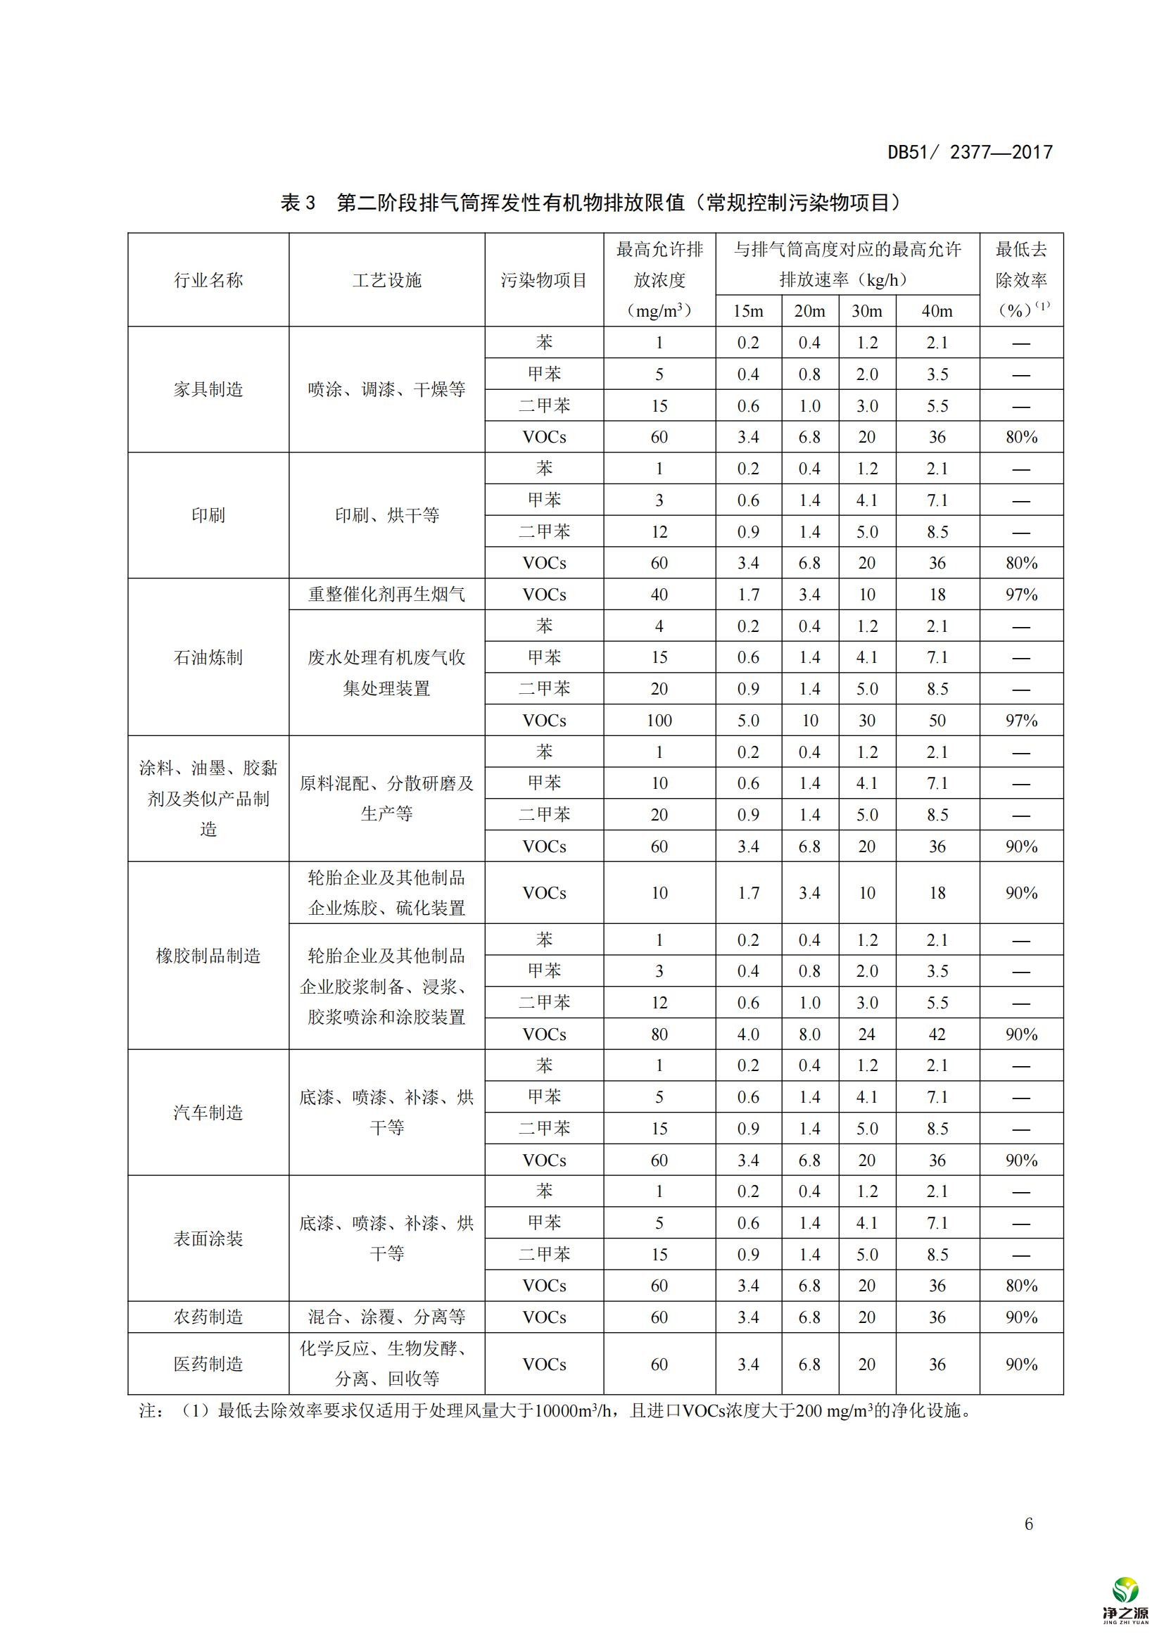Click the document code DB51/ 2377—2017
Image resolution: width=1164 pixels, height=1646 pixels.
(x=970, y=152)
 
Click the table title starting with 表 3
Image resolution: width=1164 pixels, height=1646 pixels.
(x=590, y=203)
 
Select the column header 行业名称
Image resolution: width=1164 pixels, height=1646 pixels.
(x=208, y=280)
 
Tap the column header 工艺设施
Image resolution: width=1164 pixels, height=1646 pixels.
(x=387, y=280)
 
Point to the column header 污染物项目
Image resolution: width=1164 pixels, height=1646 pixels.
(x=544, y=280)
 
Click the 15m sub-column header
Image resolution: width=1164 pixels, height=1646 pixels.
(x=747, y=311)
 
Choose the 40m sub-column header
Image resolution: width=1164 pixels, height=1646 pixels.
(x=937, y=311)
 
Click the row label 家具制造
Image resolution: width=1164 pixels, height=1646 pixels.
(x=208, y=389)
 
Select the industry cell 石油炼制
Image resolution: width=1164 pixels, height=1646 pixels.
(x=208, y=657)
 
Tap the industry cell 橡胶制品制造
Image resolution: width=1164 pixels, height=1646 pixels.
(x=208, y=956)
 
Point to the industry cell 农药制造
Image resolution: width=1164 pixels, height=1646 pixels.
(x=208, y=1317)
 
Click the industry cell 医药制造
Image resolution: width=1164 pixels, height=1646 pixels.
(x=208, y=1364)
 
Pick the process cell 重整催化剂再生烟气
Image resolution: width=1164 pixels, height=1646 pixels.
(x=387, y=595)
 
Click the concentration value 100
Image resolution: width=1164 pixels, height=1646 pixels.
(x=659, y=721)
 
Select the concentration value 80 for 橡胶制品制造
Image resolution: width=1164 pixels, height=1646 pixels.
(x=659, y=1034)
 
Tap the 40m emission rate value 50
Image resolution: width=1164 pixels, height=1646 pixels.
(x=937, y=721)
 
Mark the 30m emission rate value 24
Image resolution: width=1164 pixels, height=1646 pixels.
(x=866, y=1034)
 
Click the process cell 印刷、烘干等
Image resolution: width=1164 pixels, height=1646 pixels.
(x=387, y=514)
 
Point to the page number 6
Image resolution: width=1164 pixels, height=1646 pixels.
(x=1029, y=1524)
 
